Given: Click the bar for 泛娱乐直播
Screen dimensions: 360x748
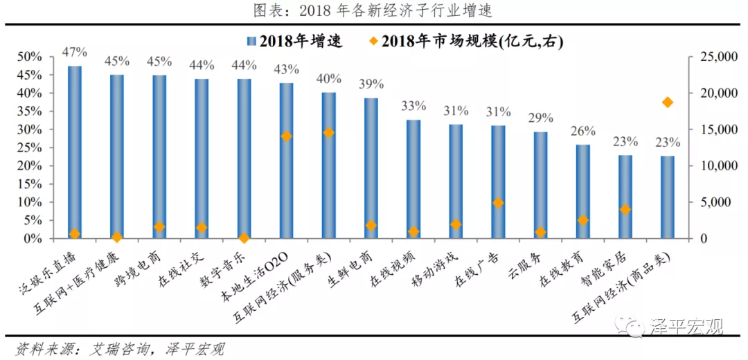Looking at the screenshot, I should point(75,152).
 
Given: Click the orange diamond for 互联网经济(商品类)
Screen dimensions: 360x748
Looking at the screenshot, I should point(668,102).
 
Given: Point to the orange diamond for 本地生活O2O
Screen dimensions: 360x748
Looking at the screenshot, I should point(286,136).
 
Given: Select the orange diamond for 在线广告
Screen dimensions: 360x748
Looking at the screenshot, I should point(498,203).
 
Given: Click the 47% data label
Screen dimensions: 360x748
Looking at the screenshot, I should point(75,52).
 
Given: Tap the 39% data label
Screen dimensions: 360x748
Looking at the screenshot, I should point(371,84).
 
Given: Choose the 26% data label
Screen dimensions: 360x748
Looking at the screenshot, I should point(583,131).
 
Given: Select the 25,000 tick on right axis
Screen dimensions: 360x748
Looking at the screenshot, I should point(713,57).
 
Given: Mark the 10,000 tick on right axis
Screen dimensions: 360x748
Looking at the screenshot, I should point(713,166).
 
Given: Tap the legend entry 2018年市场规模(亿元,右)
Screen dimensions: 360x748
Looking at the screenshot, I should point(471,42).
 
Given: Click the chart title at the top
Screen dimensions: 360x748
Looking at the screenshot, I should point(373,10).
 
